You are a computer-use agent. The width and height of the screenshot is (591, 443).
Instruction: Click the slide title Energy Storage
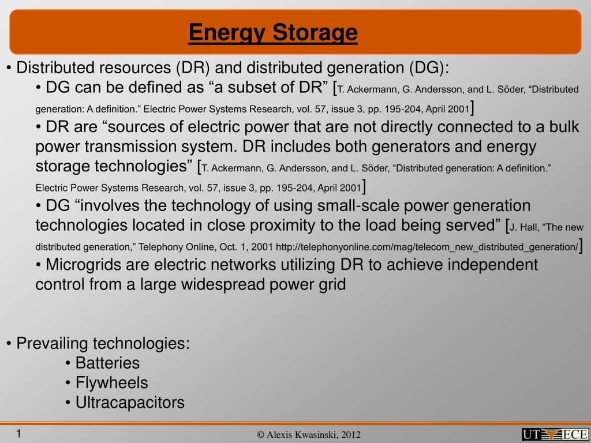click(x=273, y=32)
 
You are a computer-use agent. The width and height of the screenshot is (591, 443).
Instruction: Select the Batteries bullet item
click(x=107, y=363)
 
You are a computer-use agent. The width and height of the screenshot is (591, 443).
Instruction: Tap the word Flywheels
click(x=111, y=383)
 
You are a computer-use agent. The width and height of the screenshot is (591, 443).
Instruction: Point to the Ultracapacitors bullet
click(x=130, y=403)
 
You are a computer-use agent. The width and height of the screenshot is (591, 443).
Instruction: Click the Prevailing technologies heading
click(x=103, y=344)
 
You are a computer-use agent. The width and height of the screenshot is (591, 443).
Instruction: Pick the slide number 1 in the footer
click(x=18, y=434)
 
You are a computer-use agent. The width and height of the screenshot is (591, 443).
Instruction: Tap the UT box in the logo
click(x=533, y=434)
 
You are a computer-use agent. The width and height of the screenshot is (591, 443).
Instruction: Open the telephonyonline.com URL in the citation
click(x=427, y=247)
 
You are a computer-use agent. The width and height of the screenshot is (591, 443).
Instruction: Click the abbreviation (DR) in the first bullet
click(x=193, y=68)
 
